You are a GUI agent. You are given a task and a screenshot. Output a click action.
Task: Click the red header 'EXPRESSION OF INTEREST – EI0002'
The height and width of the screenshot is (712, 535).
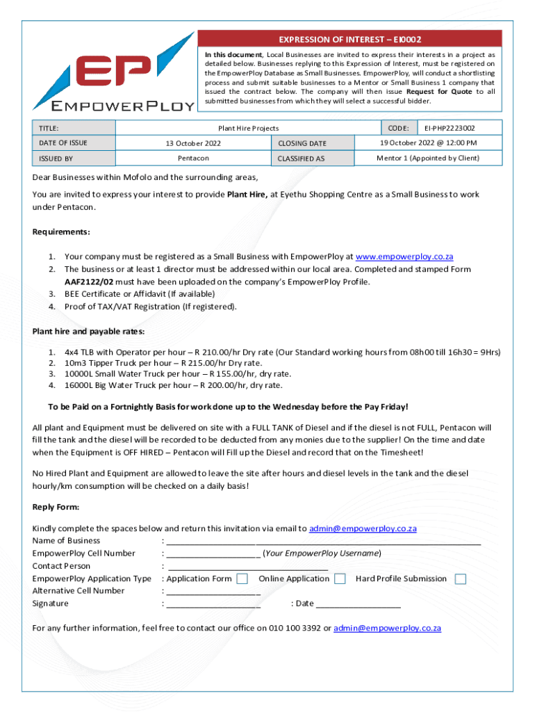pyautogui.click(x=350, y=39)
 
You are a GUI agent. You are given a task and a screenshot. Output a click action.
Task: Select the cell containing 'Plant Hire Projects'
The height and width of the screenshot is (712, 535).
pyautogui.click(x=248, y=128)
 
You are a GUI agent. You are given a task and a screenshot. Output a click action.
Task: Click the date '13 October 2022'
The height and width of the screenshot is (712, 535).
pyautogui.click(x=192, y=143)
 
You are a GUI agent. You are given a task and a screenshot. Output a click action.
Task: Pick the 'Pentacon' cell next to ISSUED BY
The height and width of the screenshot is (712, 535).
pyautogui.click(x=192, y=159)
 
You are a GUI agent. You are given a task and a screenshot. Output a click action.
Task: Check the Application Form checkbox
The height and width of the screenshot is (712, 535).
pyautogui.click(x=242, y=578)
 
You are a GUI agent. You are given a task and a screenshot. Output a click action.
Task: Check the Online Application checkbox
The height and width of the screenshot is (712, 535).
pyautogui.click(x=340, y=578)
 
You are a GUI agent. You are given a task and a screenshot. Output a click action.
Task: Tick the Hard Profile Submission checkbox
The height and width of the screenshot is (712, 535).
pyautogui.click(x=460, y=578)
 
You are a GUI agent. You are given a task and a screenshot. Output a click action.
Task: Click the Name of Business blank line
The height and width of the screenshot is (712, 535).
pyautogui.click(x=323, y=542)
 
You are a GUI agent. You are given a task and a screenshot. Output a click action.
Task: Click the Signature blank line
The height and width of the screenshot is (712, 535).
pyautogui.click(x=213, y=605)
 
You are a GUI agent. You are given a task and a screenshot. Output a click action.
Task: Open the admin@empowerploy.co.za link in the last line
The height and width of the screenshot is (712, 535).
pyautogui.click(x=387, y=628)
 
